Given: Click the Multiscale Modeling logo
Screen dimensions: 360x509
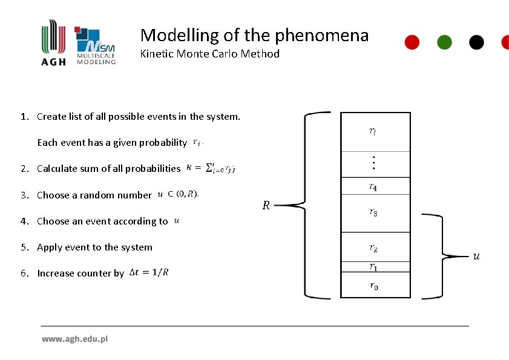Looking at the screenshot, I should coord(95,46).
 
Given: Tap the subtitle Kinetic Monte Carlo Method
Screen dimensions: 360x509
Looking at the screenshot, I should coord(209,54).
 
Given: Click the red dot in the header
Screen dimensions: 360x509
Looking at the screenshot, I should coord(412,42).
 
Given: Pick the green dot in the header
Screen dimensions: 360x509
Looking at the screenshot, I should coord(444,42).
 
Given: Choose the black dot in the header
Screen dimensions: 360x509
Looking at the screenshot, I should coord(477,42).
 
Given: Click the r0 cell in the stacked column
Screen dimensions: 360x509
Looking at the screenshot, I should coord(375,286).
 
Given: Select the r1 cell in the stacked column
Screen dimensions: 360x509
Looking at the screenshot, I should coord(375,267).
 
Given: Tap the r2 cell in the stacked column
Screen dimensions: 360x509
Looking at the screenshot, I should coord(375,247).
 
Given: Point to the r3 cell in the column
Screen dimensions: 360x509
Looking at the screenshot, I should coord(375,212).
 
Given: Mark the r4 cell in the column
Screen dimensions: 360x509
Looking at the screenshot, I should coord(375,186).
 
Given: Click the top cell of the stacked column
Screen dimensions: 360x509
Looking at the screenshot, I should coord(375,131).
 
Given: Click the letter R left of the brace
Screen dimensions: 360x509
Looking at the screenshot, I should coord(266,206).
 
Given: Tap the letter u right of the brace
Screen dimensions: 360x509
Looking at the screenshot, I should coord(476,257).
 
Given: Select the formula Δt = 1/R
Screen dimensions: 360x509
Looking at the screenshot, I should coord(149,273).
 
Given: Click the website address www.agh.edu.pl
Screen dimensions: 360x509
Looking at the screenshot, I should coord(74,339).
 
